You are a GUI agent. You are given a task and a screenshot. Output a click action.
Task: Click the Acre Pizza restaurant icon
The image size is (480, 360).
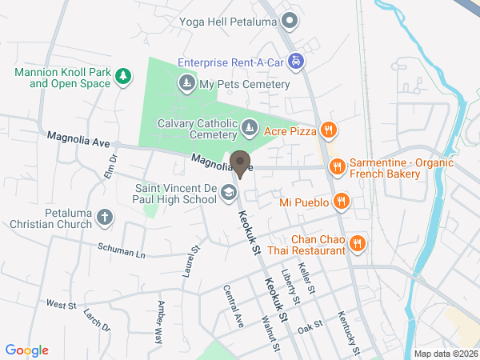pos(327,130)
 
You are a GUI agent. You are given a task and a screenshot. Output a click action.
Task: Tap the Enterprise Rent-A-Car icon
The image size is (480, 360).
pos(296,61)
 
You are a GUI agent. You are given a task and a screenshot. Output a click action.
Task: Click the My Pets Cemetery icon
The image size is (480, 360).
pos(186,83)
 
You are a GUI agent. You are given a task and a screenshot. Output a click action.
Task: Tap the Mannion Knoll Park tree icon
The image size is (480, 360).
pos(122,76)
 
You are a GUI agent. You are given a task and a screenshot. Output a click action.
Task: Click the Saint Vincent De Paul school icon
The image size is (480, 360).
pos(229,192)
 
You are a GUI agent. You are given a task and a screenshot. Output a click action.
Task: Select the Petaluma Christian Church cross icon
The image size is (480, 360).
pos(105,218)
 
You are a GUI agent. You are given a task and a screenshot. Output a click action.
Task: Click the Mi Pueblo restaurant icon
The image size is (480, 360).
pos(341,202)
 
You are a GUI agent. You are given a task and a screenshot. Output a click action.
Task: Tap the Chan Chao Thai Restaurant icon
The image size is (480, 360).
pos(358,244)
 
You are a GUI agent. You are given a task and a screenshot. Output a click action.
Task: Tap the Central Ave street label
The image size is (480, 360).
pos(234,306)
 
